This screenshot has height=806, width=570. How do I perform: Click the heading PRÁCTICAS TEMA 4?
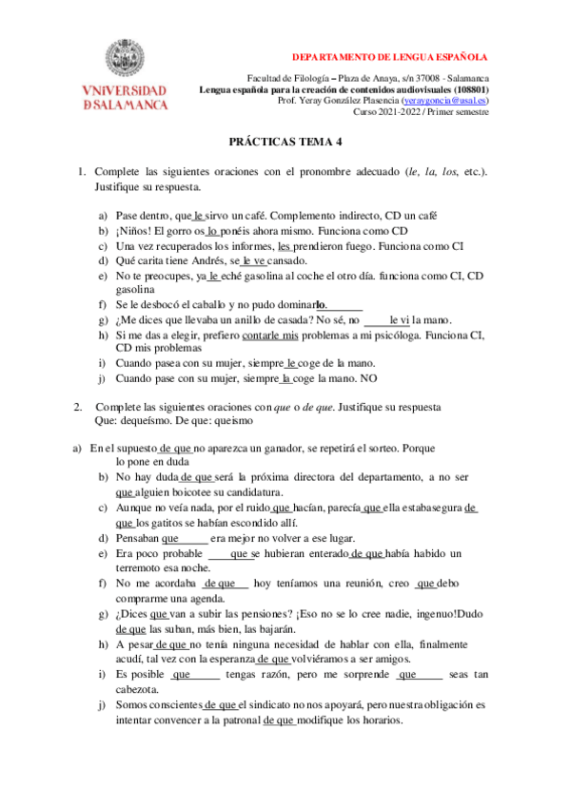(x=285, y=141)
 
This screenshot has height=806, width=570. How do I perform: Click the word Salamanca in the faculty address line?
(x=462, y=78)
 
